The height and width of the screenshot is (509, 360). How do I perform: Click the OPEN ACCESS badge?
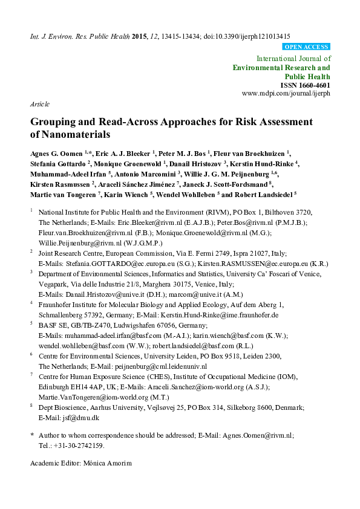(306, 47)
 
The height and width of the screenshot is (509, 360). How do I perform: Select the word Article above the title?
(40, 104)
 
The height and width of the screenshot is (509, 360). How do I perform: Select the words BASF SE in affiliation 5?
(51, 324)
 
